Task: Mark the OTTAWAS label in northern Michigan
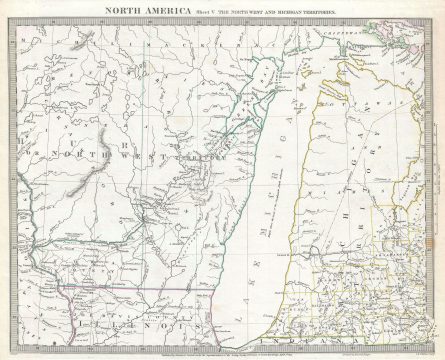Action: point(345,130)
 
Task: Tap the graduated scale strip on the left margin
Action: point(11,180)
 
